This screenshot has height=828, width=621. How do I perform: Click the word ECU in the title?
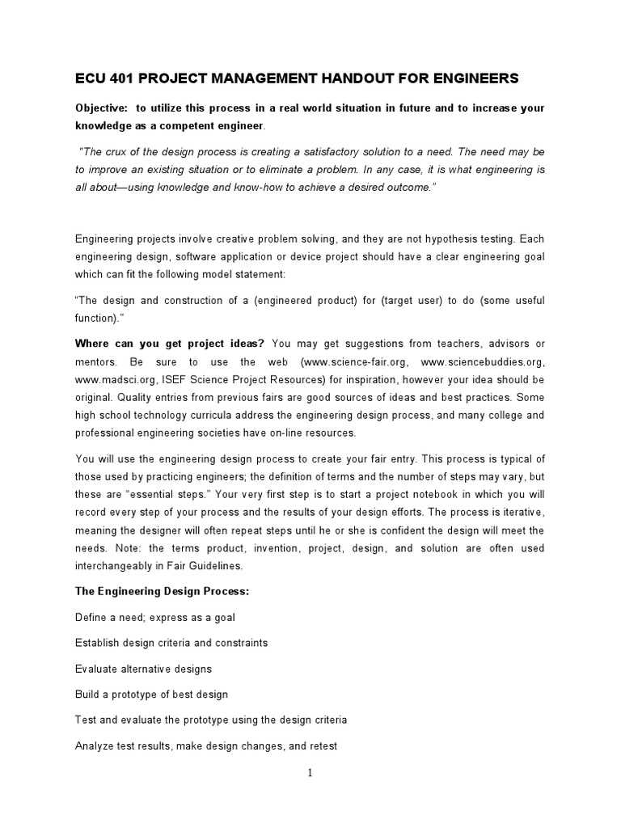91,78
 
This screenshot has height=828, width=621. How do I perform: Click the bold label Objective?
102,108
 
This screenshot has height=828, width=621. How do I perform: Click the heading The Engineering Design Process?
163,591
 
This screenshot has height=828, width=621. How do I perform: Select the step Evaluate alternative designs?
143,669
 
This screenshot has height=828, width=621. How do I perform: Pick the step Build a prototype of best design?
152,695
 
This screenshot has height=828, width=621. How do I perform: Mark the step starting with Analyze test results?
206,746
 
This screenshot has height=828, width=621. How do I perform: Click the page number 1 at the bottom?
310,773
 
